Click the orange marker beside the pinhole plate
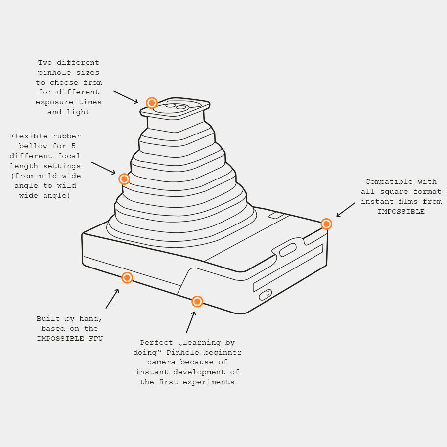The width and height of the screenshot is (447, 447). coord(152,103)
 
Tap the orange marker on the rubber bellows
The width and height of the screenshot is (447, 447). coord(124,179)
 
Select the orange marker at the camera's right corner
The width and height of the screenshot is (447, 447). coord(326,224)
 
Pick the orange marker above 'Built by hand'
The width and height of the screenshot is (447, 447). coord(127,278)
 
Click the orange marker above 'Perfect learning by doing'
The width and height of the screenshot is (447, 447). coord(197,301)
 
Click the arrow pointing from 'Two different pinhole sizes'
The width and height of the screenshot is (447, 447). coord(126,97)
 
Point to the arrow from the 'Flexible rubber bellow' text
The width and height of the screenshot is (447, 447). coord(103,168)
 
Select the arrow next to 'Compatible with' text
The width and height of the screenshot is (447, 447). coord(346,210)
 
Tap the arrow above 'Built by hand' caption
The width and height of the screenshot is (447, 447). coord(112,299)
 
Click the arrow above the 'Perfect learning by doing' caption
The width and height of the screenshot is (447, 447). coord(191,322)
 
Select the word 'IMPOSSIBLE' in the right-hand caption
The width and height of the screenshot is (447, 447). coord(401,211)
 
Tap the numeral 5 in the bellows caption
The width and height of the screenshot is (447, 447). coord(73,146)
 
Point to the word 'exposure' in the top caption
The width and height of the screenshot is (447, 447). coord(54,102)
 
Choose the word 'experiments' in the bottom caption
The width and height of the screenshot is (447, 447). coord(209,382)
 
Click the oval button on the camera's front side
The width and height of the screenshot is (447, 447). coord(265,295)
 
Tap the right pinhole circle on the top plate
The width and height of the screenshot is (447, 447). coord(181,107)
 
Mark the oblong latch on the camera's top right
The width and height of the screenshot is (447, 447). coord(288,250)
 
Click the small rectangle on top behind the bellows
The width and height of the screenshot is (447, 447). coord(276,215)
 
